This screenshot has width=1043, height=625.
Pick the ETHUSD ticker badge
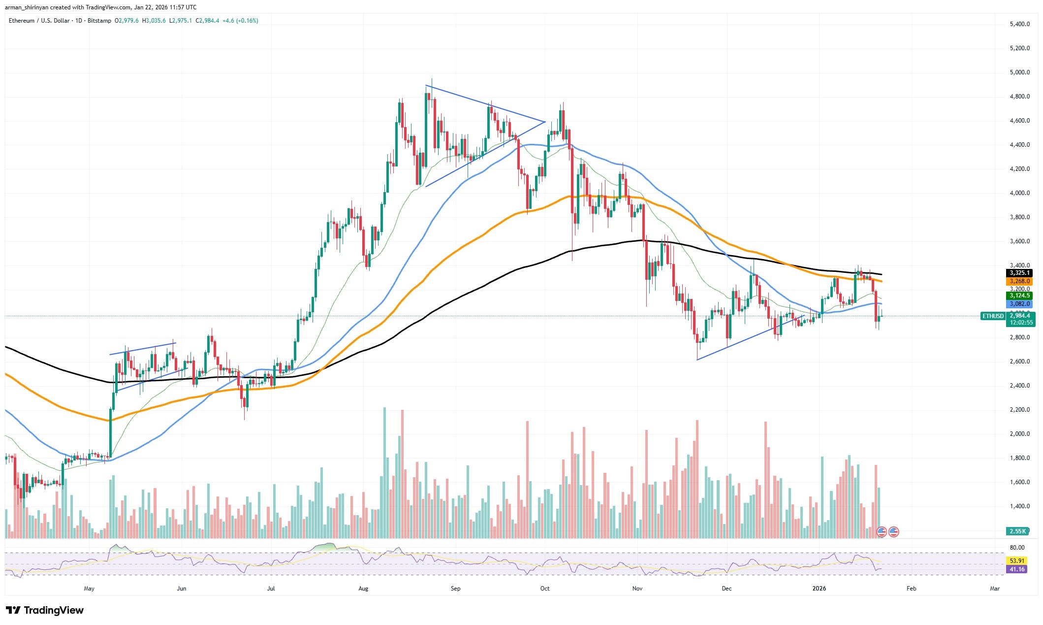[992, 316]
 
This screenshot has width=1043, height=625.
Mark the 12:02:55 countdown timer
[1021, 323]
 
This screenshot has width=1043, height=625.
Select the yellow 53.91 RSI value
[1017, 560]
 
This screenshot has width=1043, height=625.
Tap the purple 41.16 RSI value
[1017, 569]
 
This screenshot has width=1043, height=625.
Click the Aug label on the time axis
[363, 588]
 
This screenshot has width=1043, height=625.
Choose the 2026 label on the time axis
[819, 588]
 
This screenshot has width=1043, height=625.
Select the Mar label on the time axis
[995, 588]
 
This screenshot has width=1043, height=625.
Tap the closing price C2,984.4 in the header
[207, 21]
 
